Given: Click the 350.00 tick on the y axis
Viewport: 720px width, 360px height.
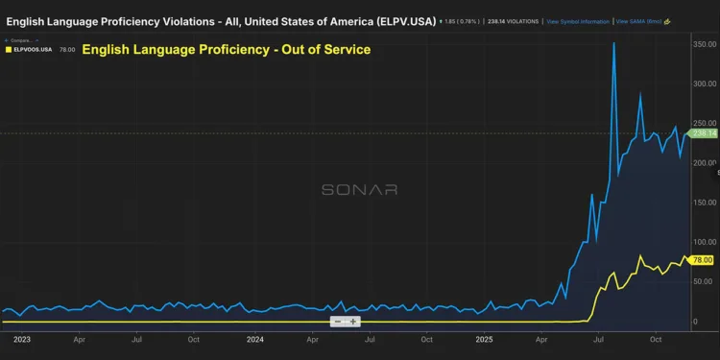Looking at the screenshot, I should point(705,44).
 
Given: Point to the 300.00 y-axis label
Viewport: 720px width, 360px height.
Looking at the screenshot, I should point(705,84).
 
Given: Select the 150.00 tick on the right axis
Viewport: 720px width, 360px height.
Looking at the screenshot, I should point(705,203).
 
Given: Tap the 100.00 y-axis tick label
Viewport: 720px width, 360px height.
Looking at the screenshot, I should point(705,242).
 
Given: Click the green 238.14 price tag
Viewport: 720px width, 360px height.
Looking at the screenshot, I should point(704,133).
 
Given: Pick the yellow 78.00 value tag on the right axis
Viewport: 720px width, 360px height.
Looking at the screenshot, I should point(704,259).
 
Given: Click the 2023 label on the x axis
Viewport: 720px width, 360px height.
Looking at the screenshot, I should point(21,339).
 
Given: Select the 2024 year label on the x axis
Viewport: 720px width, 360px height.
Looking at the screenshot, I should point(255,339).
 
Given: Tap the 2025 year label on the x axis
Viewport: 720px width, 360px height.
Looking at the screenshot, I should point(485,339).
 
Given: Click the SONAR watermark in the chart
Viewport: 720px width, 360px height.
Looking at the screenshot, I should point(359,190).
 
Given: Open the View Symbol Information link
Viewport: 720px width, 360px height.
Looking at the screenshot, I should point(577,20).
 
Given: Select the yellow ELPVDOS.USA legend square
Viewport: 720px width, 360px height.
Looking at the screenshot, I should point(10,50).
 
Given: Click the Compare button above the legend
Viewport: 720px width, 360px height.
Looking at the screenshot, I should point(20,40).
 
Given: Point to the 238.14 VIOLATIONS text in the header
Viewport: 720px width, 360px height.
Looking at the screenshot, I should point(513,20).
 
